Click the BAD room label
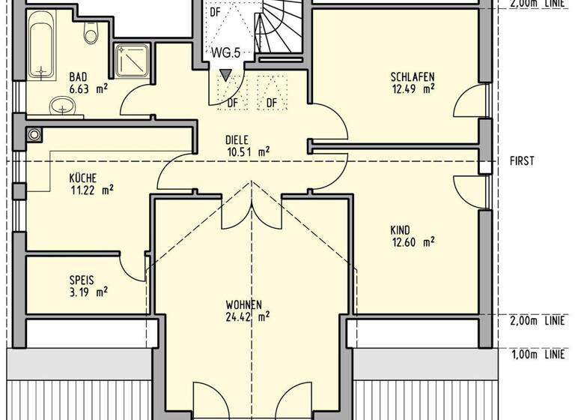point(78,76)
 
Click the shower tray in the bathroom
point(133,60)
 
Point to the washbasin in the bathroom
point(61,106)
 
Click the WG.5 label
point(225,54)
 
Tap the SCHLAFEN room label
point(412,76)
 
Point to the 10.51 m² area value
point(248,151)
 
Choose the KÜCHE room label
point(83,178)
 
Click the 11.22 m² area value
point(91,190)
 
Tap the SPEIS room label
point(82,280)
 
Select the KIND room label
point(401,230)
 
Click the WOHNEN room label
point(243,305)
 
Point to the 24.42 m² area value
point(248,316)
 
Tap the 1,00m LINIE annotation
point(537,353)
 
